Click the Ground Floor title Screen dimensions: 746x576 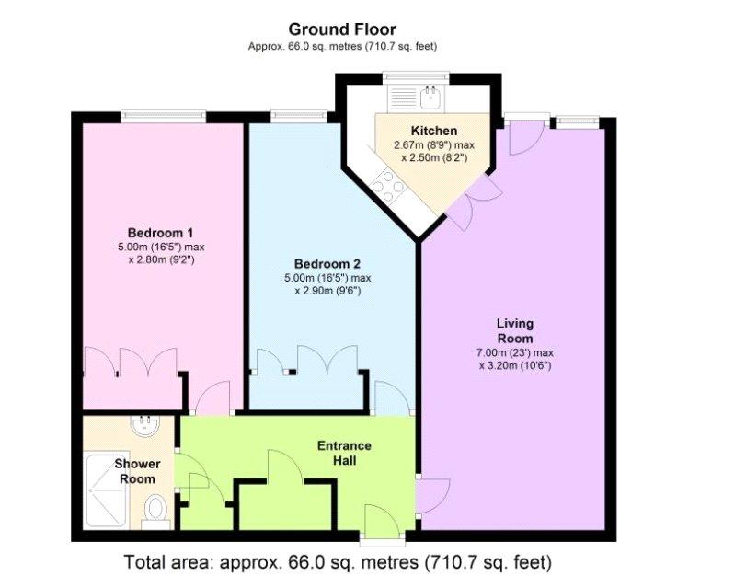(x=342, y=29)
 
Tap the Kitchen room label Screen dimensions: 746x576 (x=434, y=131)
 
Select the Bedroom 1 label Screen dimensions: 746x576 (x=161, y=233)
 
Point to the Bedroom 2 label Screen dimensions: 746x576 (x=327, y=264)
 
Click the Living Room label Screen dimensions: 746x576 (x=515, y=331)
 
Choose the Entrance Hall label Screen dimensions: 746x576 (x=344, y=454)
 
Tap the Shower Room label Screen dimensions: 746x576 (x=137, y=471)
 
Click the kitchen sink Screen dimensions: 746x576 (x=431, y=98)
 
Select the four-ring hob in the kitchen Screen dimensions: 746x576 (x=389, y=186)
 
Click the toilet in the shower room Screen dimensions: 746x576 (x=155, y=512)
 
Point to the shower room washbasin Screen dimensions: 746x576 (x=146, y=426)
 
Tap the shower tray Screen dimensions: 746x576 (x=107, y=491)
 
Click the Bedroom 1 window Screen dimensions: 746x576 (x=163, y=115)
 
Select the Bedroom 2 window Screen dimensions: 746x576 (x=299, y=115)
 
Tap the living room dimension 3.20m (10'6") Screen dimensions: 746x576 (x=515, y=366)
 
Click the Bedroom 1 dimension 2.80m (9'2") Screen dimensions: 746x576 (x=161, y=259)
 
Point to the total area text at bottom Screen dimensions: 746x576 (x=338, y=561)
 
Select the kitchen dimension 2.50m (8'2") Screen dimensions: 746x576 (x=434, y=157)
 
